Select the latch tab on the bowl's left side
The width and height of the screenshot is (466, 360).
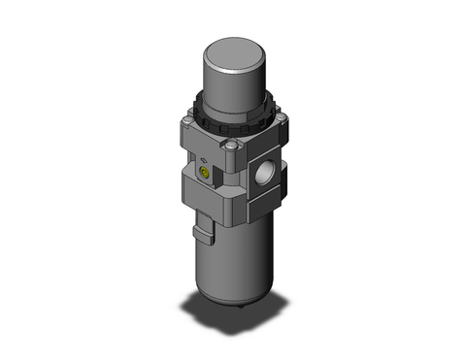(202, 234)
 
